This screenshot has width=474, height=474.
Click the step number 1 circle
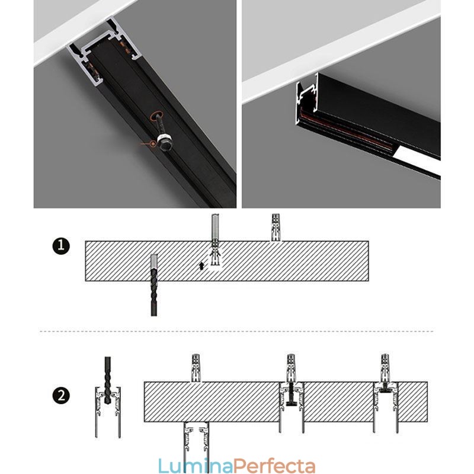point(61,246)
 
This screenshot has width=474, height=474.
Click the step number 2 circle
point(61,395)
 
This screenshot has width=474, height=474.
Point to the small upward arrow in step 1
point(201,265)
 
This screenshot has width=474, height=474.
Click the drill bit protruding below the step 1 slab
point(154,293)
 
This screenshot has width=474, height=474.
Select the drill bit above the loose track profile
point(108,380)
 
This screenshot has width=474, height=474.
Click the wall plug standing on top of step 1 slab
point(276,228)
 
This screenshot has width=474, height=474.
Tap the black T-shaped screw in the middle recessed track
point(291,394)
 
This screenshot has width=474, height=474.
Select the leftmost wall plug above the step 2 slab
point(196,367)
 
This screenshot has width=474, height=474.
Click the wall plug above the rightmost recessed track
point(385,367)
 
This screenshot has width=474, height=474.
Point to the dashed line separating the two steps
point(236,331)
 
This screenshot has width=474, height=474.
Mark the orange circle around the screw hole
point(157,116)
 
